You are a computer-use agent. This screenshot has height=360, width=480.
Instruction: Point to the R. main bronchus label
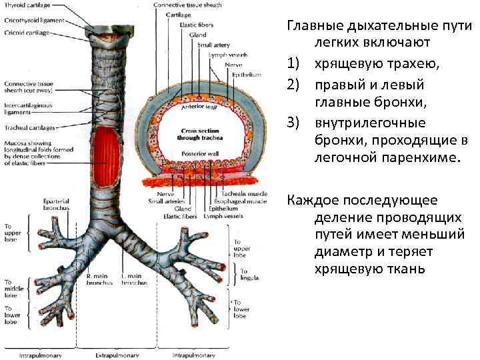[101, 279]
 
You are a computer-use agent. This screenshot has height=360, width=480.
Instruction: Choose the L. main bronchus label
[134, 279]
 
